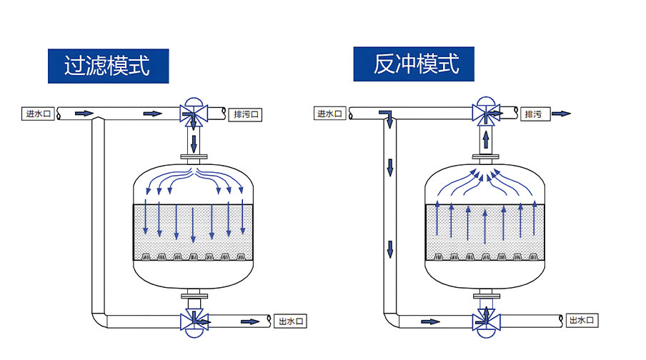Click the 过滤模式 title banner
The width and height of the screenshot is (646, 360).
[x=108, y=66]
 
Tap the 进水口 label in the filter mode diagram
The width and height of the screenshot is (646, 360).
[x=39, y=113]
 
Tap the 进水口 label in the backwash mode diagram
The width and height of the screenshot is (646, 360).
[x=331, y=113]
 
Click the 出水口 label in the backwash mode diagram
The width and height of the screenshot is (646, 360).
[x=582, y=321]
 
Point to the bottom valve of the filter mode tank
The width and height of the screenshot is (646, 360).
[x=193, y=321]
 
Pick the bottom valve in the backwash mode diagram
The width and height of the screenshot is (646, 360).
[x=485, y=320]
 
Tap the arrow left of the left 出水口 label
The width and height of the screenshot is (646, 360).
[x=249, y=321]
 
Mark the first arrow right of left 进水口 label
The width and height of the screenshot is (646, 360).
[x=84, y=113]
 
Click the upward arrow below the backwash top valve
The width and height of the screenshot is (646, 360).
[x=485, y=138]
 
